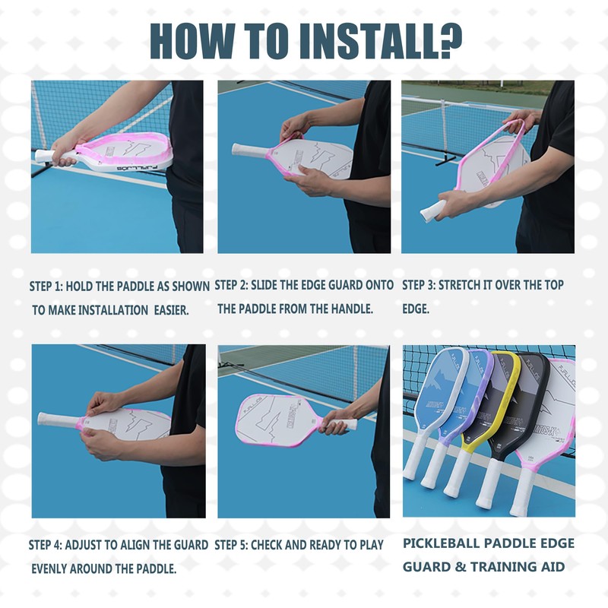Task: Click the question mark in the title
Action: [451, 40]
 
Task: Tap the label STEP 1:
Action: [46, 287]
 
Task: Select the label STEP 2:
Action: [231, 286]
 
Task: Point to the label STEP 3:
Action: [419, 286]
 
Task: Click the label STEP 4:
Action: [46, 545]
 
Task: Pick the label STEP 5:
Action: [231, 545]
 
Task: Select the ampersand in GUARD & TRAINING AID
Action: [461, 567]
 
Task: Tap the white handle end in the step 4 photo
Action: [40, 419]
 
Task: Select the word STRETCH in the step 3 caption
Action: [459, 286]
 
